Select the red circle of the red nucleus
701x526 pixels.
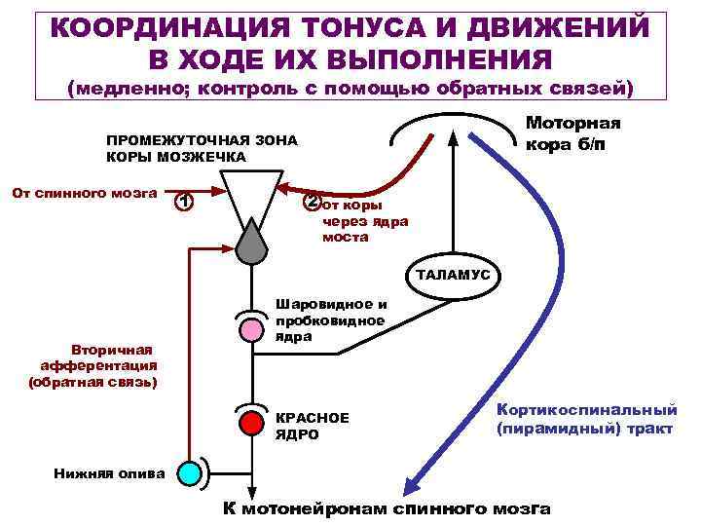click(251, 422)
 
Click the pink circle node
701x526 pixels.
click(251, 328)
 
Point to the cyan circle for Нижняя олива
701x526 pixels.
click(191, 472)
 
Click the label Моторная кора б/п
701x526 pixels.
click(572, 133)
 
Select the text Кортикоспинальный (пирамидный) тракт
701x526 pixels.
click(586, 420)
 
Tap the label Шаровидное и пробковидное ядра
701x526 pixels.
click(331, 319)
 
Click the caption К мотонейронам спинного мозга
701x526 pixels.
click(387, 509)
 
